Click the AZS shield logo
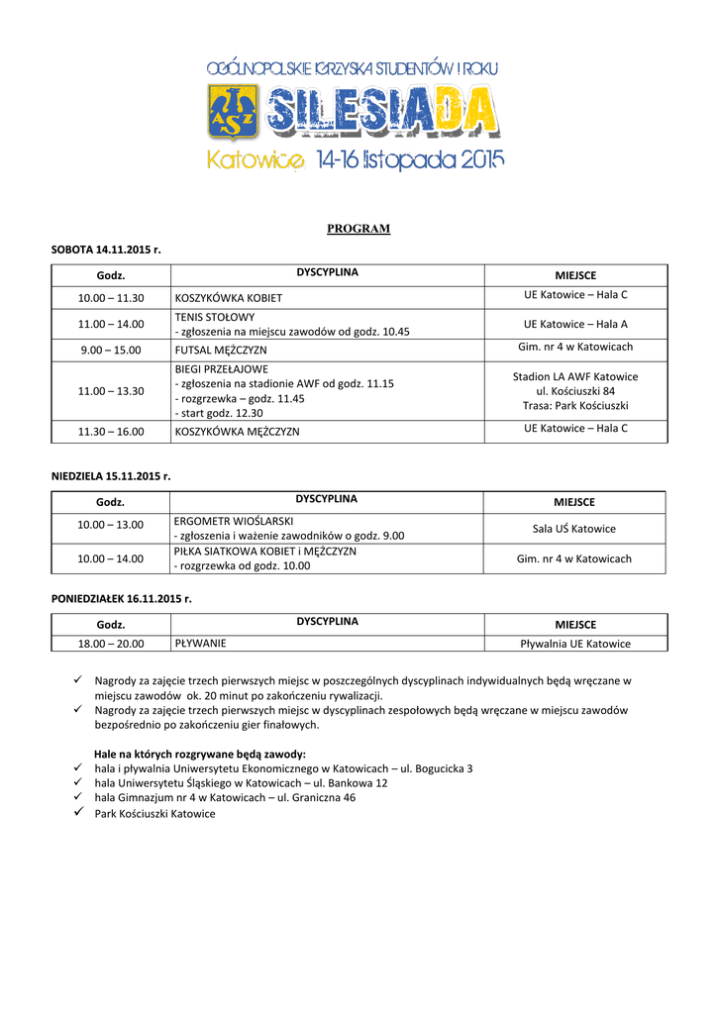point(233,112)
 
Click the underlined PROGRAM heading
point(359,229)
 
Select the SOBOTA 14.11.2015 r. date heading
point(106,251)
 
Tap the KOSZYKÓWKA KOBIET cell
point(229,297)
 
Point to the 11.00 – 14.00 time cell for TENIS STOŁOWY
point(111,324)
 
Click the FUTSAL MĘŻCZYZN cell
point(221,350)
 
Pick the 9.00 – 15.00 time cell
point(111,350)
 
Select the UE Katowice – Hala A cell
point(575,324)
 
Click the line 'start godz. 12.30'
point(220,412)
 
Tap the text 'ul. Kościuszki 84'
point(575,391)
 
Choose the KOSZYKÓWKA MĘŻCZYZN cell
point(238,432)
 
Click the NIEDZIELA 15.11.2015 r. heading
point(111,476)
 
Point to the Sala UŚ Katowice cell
point(574,529)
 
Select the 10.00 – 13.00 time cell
point(111,525)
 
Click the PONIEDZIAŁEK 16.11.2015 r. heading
point(122,599)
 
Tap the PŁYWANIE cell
point(201,644)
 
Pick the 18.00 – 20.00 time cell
point(111,644)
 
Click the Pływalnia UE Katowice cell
point(575,644)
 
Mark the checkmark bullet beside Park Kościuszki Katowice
point(80,813)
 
